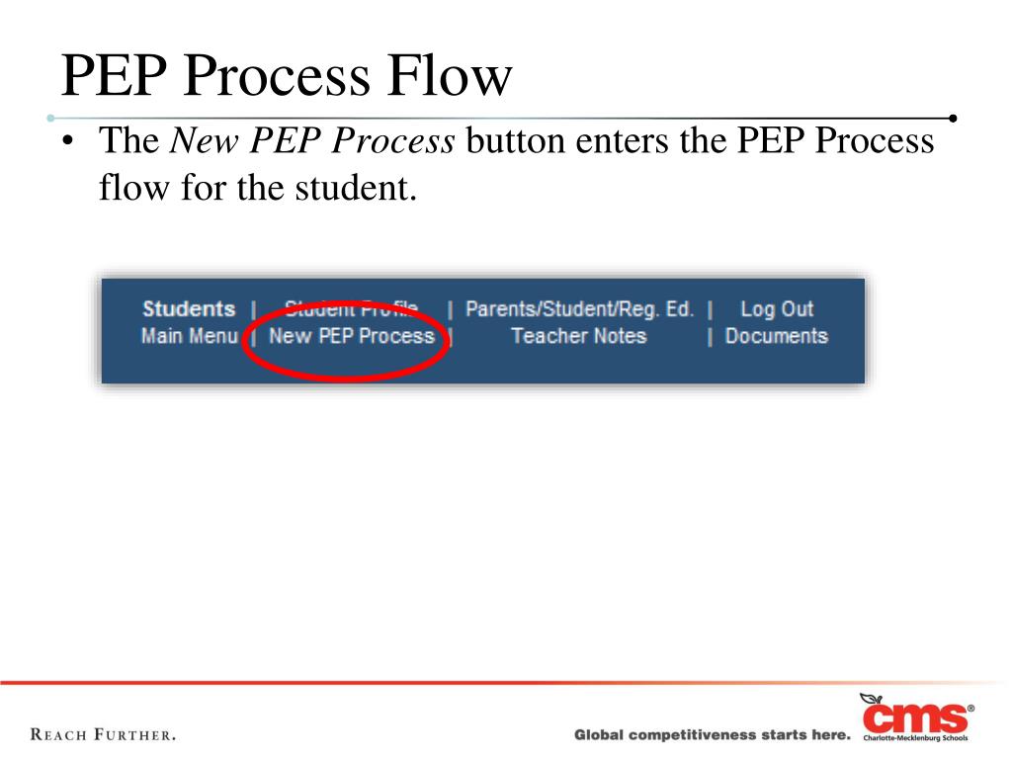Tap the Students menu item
point(189,309)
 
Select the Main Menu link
point(189,336)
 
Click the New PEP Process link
point(352,336)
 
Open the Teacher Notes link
point(578,336)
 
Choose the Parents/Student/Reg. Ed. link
point(579,309)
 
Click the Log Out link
point(777,309)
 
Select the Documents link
point(776,336)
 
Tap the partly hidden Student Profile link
point(352,309)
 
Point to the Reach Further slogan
point(104,735)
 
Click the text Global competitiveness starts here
point(712,735)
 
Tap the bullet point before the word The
point(67,143)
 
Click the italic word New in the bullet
point(203,142)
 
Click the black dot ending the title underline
point(953,118)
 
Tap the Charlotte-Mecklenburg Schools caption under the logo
point(915,738)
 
